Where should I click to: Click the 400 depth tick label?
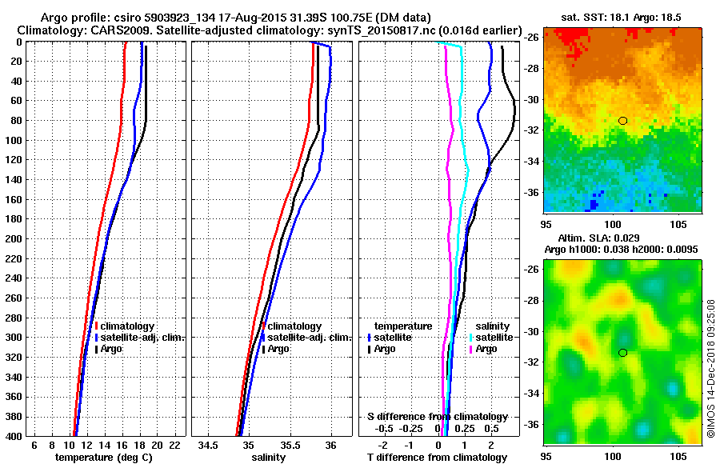[14, 435]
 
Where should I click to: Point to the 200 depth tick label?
[14, 238]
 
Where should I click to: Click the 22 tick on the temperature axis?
[174, 444]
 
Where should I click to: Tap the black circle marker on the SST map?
[622, 120]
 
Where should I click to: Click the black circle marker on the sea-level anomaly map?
[622, 353]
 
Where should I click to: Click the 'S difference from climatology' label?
[437, 417]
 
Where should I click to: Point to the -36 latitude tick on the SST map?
[531, 192]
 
